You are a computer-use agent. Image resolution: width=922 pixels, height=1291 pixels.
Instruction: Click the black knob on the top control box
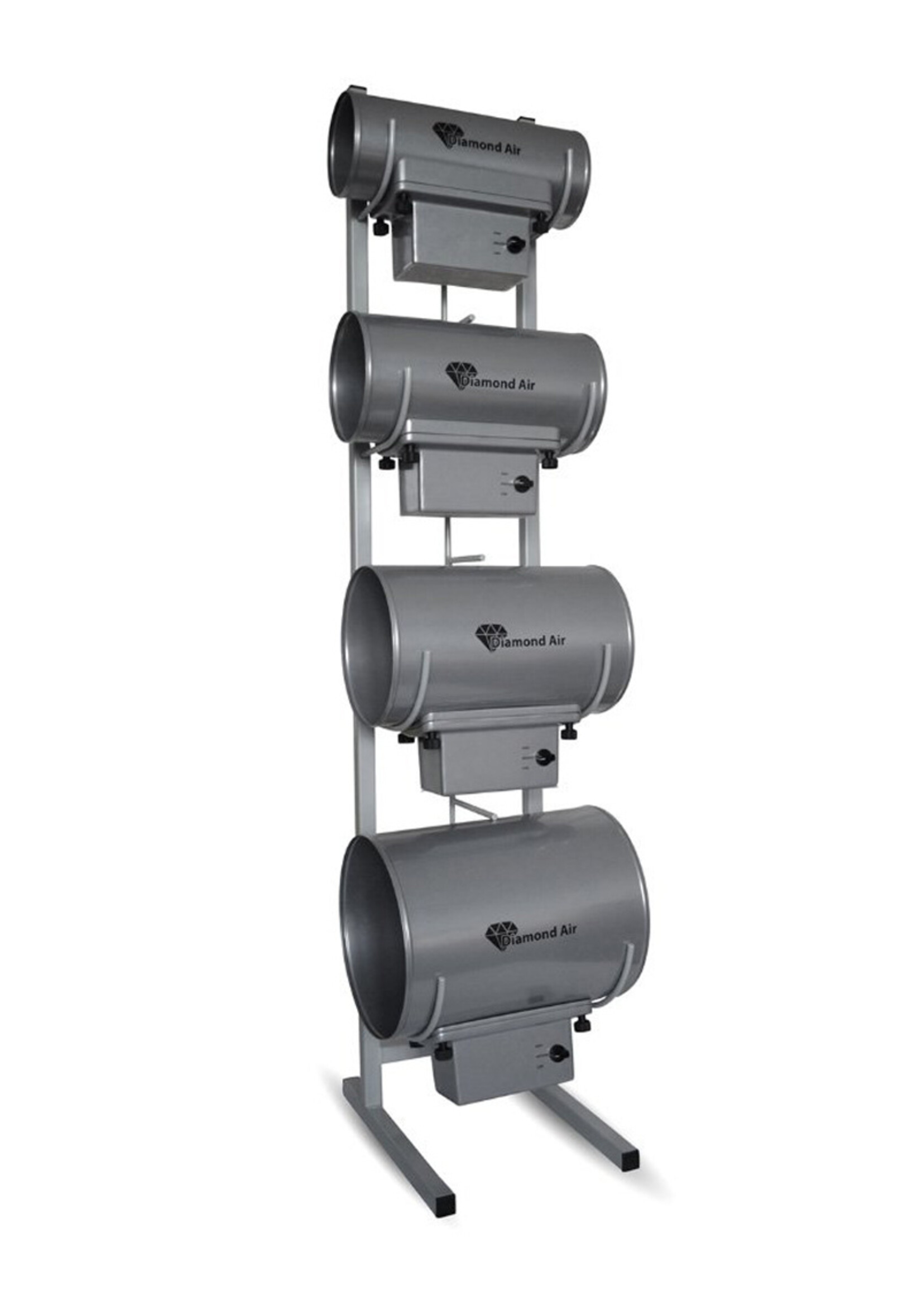[x=516, y=245]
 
